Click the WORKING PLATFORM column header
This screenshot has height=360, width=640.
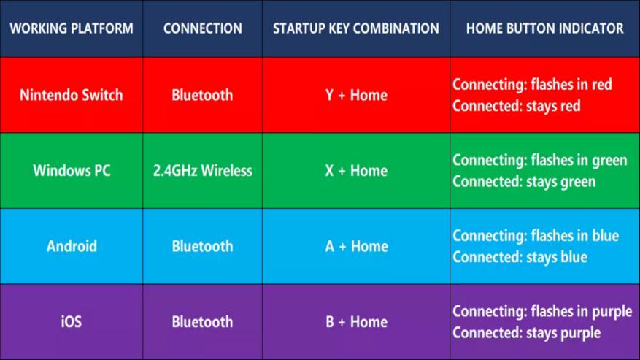coord(72,28)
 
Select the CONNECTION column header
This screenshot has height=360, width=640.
coord(202,28)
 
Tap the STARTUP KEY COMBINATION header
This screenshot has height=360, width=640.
coord(356,28)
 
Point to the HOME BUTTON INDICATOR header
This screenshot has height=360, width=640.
coord(545,28)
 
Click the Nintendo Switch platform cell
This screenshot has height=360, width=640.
coord(72,95)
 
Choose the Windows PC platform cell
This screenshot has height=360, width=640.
coord(72,170)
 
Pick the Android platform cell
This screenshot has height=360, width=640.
coord(72,246)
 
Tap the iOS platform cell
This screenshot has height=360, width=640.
coord(72,321)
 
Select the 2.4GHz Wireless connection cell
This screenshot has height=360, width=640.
coord(202,170)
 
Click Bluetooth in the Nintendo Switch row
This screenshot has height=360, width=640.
coord(202,95)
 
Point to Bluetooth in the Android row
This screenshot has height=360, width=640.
coord(202,246)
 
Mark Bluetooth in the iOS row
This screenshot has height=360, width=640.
coord(202,321)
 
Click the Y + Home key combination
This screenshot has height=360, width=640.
coord(356,95)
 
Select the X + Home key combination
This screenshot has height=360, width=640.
coord(356,170)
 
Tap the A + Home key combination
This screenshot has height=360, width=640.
coord(356,246)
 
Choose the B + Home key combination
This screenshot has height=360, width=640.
coord(356,321)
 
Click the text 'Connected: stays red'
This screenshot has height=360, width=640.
coord(517,106)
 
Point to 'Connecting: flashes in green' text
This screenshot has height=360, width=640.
coord(539,160)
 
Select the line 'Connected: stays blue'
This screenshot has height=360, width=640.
coord(520,257)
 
